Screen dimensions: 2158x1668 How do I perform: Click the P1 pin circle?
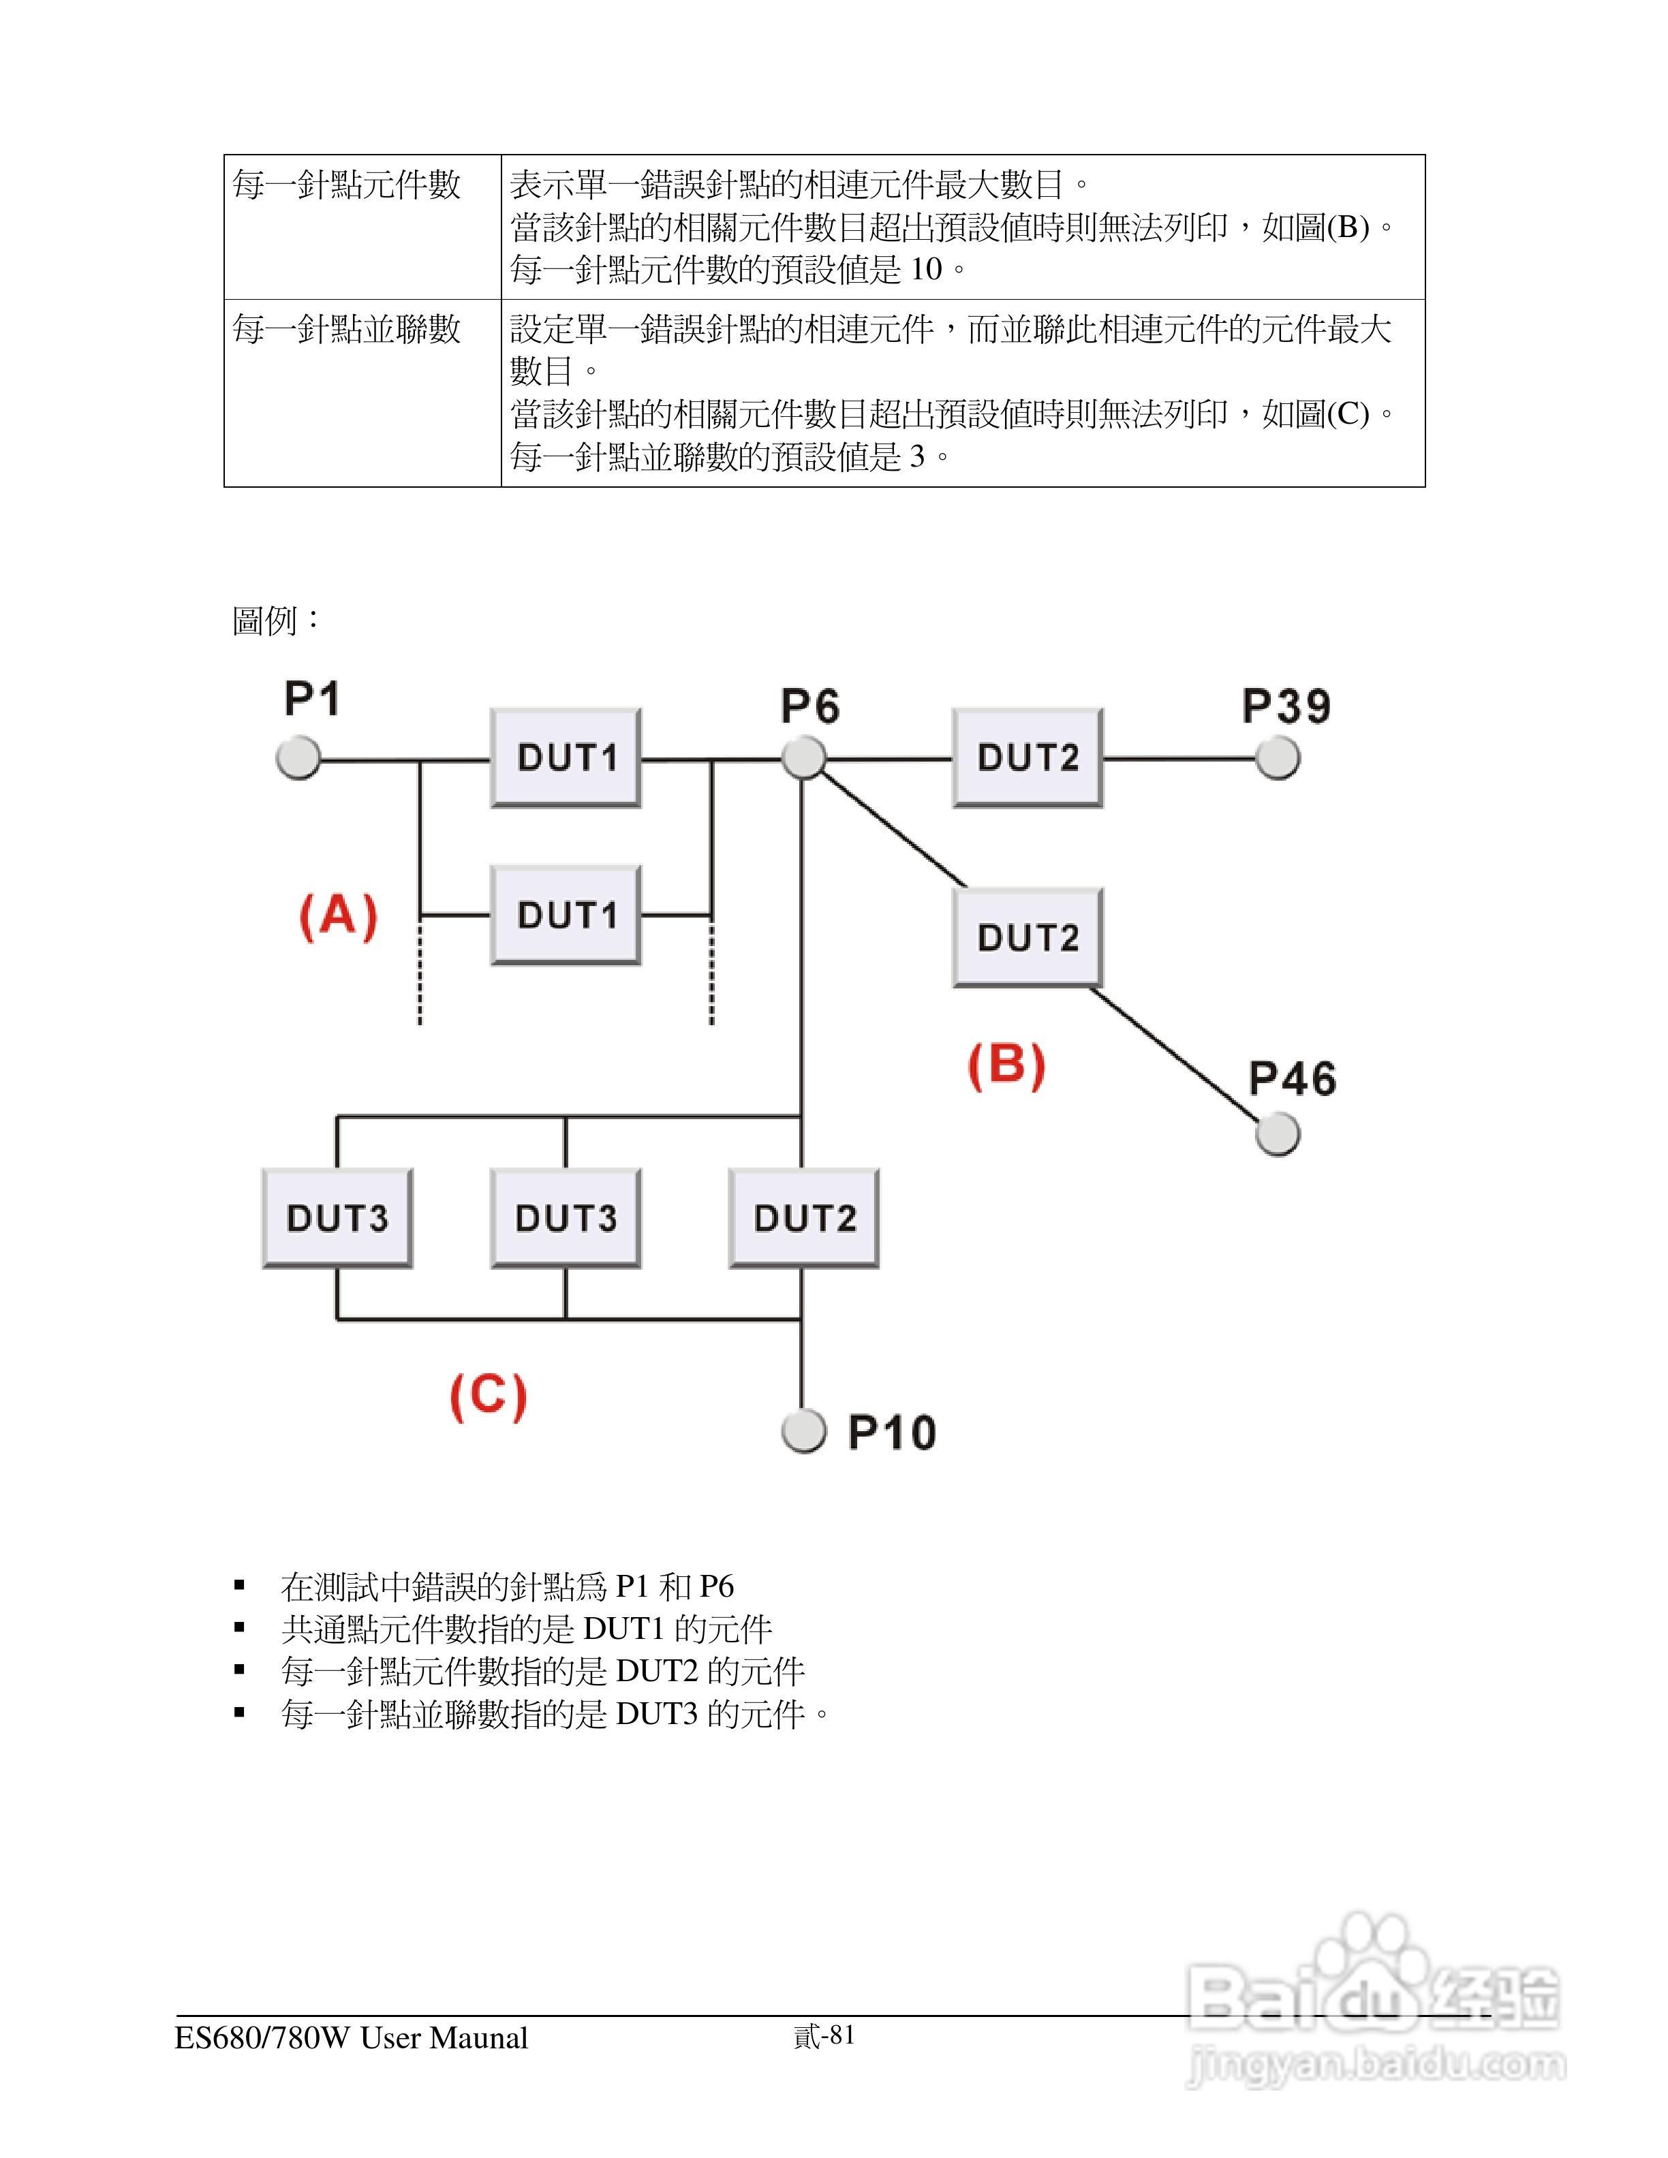[x=298, y=758]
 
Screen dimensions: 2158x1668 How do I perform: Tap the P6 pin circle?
[x=803, y=758]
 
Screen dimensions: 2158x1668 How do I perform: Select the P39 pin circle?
[x=1278, y=758]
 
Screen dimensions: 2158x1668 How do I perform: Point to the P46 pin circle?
[x=1278, y=1133]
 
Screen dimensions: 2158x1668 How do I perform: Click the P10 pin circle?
[x=803, y=1430]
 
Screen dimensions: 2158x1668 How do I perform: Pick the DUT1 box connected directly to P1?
[x=566, y=758]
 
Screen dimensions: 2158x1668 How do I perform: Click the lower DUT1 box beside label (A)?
[x=566, y=915]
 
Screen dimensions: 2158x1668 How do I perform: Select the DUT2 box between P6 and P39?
[x=1028, y=758]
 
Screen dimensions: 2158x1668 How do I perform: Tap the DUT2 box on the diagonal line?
[x=1028, y=937]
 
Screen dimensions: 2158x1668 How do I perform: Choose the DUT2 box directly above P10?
[x=804, y=1219]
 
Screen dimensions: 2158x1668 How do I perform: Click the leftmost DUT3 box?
[x=337, y=1219]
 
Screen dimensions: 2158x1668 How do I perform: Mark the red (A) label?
[x=338, y=915]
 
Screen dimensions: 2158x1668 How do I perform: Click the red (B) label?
[x=1006, y=1065]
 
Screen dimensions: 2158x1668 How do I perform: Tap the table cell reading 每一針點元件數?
[x=347, y=185]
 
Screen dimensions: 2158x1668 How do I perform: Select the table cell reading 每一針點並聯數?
[x=347, y=329]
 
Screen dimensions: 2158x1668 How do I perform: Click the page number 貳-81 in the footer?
[x=824, y=2035]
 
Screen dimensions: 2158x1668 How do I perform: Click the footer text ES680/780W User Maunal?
[x=351, y=2038]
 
